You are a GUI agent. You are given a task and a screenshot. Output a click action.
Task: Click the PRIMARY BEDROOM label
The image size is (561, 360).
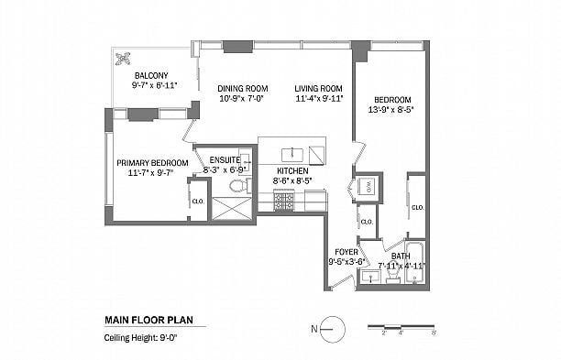[x=152, y=163]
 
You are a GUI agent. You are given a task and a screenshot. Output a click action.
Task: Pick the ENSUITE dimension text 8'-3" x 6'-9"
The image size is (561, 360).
[x=225, y=169]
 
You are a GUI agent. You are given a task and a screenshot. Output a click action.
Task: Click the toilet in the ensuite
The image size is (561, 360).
[x=239, y=186]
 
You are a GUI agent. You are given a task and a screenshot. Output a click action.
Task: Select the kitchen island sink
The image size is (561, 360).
[x=292, y=152]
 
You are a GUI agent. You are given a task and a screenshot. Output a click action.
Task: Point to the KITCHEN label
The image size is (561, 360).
[x=292, y=171]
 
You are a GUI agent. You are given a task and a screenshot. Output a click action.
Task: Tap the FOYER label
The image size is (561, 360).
[x=346, y=250]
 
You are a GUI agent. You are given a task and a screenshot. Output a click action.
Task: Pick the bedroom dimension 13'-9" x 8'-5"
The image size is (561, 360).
[x=391, y=109]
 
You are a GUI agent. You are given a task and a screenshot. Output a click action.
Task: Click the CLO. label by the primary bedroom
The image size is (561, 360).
[x=196, y=202]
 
